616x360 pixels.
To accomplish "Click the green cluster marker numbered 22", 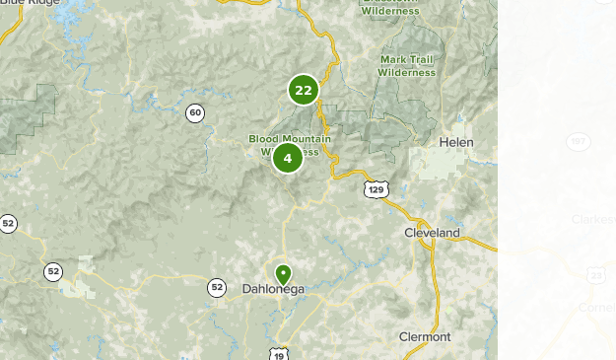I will pyautogui.click(x=303, y=91).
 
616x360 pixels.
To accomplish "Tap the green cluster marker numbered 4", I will pyautogui.click(x=287, y=158).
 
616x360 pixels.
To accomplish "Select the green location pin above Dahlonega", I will pyautogui.click(x=283, y=273).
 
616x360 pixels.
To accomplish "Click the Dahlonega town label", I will pyautogui.click(x=273, y=289).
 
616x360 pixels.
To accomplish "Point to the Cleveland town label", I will pyautogui.click(x=432, y=233).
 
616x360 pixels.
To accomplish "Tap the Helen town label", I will pyautogui.click(x=457, y=143).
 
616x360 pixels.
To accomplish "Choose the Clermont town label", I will pyautogui.click(x=425, y=337).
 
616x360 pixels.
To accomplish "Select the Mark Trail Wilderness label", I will pyautogui.click(x=407, y=65).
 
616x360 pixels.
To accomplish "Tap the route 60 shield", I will pyautogui.click(x=195, y=113).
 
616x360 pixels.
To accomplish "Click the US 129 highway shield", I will pyautogui.click(x=375, y=187).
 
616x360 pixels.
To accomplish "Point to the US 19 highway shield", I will pyautogui.click(x=280, y=353).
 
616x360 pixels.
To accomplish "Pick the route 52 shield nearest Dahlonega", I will pyautogui.click(x=217, y=288).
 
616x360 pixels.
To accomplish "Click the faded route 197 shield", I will pyautogui.click(x=579, y=142).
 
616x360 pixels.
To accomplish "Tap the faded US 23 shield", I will pyautogui.click(x=596, y=275).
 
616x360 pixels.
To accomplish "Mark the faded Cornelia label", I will pyautogui.click(x=596, y=307).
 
